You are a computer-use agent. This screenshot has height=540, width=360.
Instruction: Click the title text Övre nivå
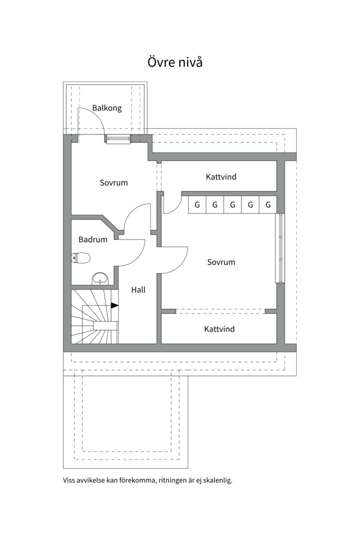(175, 62)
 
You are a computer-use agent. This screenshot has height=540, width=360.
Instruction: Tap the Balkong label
(106, 108)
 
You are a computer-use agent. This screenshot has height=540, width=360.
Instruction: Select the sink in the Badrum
(100, 278)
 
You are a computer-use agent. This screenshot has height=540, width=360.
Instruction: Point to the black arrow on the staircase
(114, 305)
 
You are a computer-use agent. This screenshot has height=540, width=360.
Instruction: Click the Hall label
(138, 289)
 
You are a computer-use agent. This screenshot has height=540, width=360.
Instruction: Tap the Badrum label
(93, 239)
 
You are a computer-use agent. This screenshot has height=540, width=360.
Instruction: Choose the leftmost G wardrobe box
(197, 204)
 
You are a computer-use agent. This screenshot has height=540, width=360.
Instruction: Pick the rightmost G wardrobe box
(268, 204)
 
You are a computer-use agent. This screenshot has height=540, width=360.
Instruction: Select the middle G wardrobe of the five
(232, 204)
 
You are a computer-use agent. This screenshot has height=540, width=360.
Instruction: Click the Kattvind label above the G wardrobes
(221, 177)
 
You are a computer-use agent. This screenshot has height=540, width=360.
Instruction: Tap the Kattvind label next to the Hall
(219, 329)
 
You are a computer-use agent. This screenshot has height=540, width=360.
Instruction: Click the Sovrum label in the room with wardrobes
(221, 262)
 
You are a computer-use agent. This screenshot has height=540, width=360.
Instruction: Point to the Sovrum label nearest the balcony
(113, 182)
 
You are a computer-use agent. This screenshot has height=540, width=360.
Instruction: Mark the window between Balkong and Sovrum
(118, 139)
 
